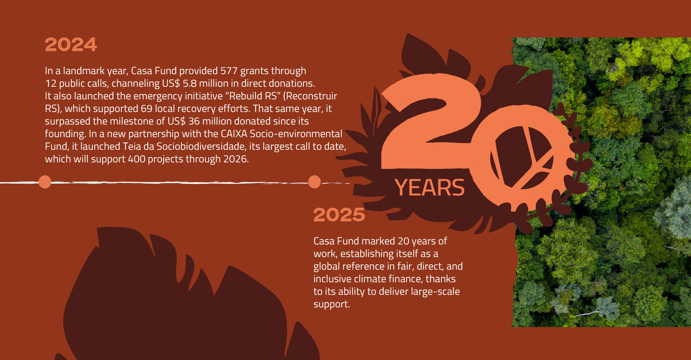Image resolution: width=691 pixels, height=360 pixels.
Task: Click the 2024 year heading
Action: (x=71, y=45)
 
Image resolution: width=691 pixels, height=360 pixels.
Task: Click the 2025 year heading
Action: (x=339, y=215)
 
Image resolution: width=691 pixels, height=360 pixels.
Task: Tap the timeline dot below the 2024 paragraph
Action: (x=45, y=182)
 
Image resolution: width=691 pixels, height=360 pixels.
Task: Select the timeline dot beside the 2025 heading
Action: (x=314, y=182)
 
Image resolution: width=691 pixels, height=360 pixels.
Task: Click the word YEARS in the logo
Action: (x=429, y=188)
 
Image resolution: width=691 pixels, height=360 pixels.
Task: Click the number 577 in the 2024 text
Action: (x=229, y=71)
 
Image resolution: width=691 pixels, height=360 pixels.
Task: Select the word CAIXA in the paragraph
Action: (x=234, y=134)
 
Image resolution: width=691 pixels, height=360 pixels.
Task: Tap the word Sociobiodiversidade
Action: (x=201, y=147)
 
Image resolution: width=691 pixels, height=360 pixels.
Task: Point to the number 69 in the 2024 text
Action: (x=146, y=109)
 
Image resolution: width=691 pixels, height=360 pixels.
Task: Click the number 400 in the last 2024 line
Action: (x=136, y=159)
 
